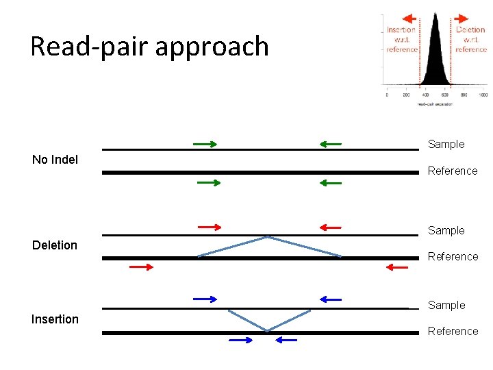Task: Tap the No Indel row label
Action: (x=55, y=160)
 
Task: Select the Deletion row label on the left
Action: (x=55, y=245)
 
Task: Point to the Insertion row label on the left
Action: (x=55, y=319)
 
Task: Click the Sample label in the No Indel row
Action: (x=446, y=144)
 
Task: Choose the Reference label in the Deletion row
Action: (x=453, y=256)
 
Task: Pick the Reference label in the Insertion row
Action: (x=453, y=331)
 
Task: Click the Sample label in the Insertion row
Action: (x=446, y=305)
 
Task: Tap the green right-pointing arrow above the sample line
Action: (x=205, y=144)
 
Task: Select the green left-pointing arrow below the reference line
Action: (x=330, y=183)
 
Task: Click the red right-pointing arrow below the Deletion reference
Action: (x=142, y=267)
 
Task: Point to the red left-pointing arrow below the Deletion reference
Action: (x=397, y=267)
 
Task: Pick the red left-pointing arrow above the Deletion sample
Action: (x=330, y=227)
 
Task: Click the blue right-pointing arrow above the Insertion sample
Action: (x=205, y=299)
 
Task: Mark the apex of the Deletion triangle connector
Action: (x=268, y=237)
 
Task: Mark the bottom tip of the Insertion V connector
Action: (x=268, y=331)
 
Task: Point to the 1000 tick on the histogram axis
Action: (x=483, y=95)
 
